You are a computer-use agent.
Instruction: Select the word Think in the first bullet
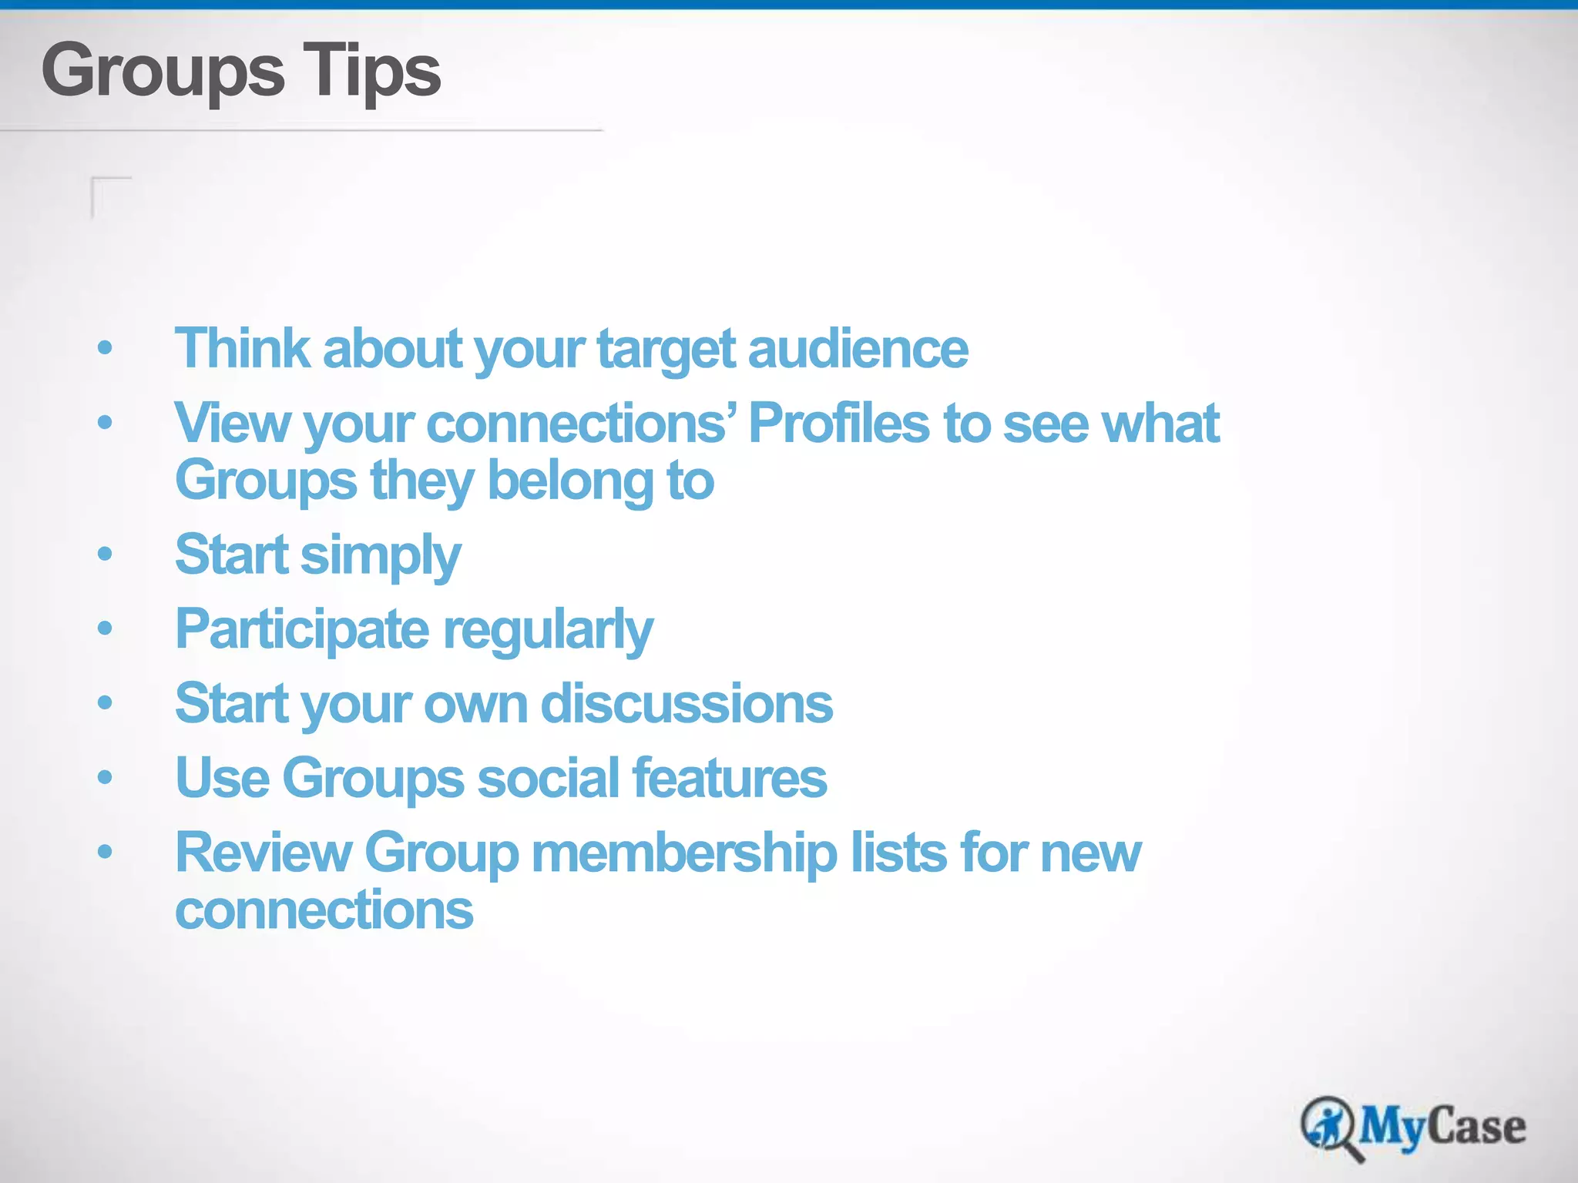[x=242, y=349]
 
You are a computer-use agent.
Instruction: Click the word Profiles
[x=839, y=423]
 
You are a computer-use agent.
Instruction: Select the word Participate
[x=302, y=629]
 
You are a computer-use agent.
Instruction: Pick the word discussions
[x=687, y=703]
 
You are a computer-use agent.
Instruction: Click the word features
[x=730, y=777]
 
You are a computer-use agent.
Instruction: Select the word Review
[x=263, y=853]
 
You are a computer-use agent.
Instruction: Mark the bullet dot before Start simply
[x=106, y=554]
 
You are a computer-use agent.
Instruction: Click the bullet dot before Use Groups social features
[x=106, y=777]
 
